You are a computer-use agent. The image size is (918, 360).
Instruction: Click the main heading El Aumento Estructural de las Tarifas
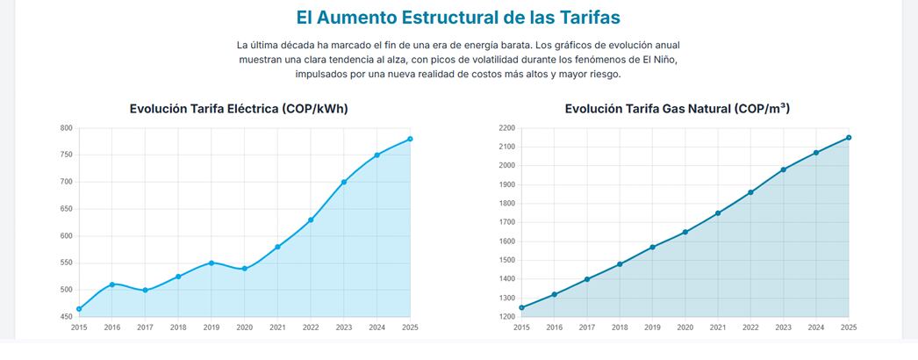[x=458, y=18]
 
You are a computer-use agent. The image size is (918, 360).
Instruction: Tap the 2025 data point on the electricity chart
[x=410, y=139]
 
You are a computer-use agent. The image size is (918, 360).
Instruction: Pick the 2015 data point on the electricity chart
[x=79, y=309]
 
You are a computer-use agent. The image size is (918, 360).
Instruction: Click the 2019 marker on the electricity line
[x=212, y=263]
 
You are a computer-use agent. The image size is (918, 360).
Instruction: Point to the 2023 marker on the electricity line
[x=344, y=182]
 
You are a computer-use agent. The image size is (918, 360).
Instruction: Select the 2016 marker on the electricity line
[x=112, y=284]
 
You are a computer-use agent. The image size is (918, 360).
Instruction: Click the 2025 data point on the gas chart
[x=849, y=137]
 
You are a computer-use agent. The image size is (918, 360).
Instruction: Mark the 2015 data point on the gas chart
[x=522, y=307]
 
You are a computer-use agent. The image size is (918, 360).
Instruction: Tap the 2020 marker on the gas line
[x=685, y=232]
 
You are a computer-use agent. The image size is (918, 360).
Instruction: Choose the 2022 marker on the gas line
[x=750, y=192]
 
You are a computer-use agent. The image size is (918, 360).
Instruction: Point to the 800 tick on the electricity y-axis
[x=66, y=128]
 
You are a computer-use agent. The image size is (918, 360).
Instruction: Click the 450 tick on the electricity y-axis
[x=66, y=317]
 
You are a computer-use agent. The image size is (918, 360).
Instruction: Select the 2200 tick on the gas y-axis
[x=506, y=128]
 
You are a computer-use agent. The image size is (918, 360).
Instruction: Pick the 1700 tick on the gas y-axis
[x=506, y=222]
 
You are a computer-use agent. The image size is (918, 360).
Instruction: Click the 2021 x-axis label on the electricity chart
[x=277, y=327]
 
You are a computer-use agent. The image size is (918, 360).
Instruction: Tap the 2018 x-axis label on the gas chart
[x=620, y=327]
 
